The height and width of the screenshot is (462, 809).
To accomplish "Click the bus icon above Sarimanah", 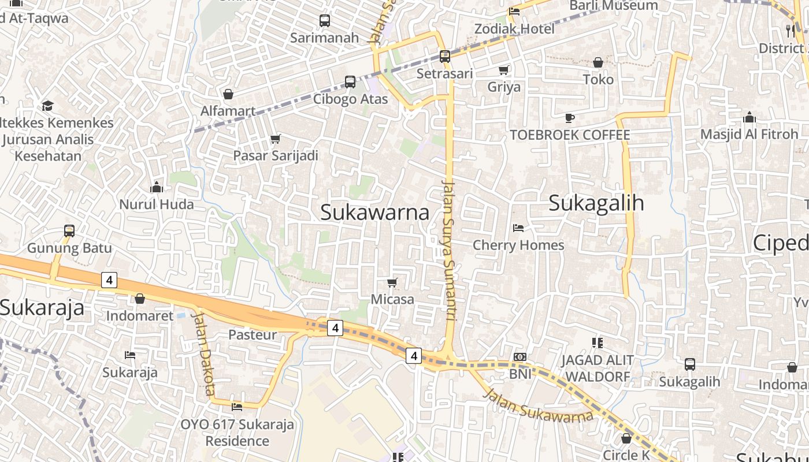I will (x=325, y=21).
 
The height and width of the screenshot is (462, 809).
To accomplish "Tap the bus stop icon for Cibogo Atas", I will (x=350, y=82).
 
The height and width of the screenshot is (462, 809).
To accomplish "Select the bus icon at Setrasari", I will (x=444, y=57).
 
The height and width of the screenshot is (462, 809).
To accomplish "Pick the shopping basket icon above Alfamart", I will (x=228, y=94).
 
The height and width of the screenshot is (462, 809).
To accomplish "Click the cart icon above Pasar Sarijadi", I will (x=276, y=139).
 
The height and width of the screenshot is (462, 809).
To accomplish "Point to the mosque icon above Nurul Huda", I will (x=156, y=187).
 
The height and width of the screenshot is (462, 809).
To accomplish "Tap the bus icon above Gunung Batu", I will (x=69, y=231).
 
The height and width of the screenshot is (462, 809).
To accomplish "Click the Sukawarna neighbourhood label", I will (x=374, y=213).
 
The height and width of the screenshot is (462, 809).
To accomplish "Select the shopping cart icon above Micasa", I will (x=392, y=282).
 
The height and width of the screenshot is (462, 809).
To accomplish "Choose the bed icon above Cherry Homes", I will (x=518, y=228).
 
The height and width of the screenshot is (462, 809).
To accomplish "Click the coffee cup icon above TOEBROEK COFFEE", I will (x=570, y=118).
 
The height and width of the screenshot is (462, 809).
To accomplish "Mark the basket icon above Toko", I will (x=598, y=62).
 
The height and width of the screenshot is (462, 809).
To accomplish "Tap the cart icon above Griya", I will (x=504, y=70).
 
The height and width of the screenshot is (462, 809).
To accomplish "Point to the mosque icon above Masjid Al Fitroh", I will (x=749, y=118).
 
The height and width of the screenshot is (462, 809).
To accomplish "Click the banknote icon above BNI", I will (x=520, y=357).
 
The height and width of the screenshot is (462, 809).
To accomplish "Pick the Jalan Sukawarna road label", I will (x=537, y=406).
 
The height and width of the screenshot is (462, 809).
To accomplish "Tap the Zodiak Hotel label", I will (x=514, y=29).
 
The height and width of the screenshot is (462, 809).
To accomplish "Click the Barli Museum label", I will (x=614, y=6).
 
